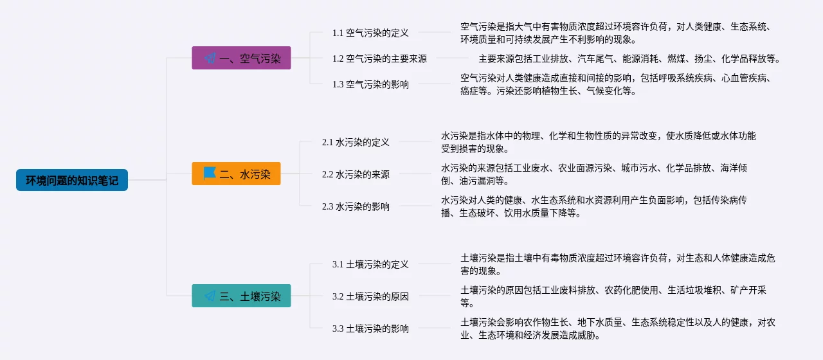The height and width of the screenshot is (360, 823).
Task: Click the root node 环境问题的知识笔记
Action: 72,180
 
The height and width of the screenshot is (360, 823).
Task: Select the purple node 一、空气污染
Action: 241,58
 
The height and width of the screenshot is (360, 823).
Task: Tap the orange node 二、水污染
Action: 236,174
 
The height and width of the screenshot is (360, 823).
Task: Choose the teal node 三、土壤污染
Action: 241,296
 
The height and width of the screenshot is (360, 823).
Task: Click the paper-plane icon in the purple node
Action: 210,59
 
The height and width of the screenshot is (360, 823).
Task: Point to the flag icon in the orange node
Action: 210,174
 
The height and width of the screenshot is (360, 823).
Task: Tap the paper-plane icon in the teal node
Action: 210,296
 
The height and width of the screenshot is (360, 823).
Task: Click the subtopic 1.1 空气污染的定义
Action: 370,33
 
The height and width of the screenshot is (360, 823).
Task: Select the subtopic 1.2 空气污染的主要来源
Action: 379,59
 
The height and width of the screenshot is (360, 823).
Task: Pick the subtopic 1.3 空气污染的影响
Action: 370,84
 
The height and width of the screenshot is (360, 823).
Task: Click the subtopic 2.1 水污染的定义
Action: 356,142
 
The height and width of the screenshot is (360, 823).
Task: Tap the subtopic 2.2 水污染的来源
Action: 356,174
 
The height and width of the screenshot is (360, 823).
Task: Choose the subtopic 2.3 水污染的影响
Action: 356,206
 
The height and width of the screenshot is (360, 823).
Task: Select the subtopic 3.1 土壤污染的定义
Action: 370,264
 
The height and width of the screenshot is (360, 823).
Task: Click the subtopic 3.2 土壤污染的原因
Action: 370,296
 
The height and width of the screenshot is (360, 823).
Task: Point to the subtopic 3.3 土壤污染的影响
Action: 370,328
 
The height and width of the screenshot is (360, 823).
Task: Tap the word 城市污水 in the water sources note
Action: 639,168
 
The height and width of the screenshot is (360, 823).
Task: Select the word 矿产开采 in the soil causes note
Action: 748,290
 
